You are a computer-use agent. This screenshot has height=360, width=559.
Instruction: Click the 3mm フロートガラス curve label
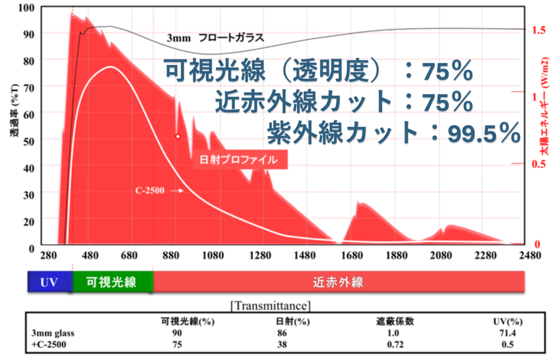215,38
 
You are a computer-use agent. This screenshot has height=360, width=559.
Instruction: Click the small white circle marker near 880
177,136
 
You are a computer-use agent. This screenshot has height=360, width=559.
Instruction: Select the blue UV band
49,282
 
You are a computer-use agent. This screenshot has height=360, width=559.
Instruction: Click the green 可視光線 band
112,282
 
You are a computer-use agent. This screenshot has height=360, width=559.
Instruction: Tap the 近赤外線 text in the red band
338,282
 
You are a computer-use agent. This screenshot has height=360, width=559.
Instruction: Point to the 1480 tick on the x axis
306,256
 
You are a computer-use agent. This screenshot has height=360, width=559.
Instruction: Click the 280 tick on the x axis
49,256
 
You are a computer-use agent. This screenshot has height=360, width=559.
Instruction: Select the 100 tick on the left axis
26,8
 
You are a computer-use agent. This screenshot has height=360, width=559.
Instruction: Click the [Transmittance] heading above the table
271,305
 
